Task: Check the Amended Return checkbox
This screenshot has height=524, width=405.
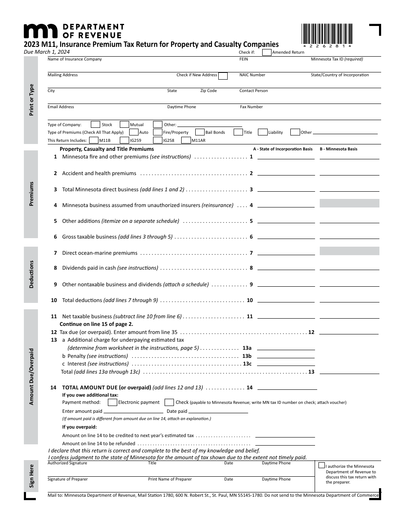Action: coord(266,52)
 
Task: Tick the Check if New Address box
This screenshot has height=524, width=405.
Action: coord(223,76)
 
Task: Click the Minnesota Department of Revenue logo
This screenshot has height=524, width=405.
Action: coord(40,31)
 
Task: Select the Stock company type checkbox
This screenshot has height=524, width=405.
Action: coord(95,125)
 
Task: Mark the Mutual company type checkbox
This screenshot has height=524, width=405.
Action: coord(124,125)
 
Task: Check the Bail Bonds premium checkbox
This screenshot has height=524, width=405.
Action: coord(200,132)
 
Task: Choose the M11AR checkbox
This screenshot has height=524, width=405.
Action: coord(186,140)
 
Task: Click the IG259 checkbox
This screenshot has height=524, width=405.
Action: coord(124,140)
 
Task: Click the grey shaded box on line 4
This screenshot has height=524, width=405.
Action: coord(349,204)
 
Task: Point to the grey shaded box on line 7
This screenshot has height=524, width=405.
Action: coord(349,251)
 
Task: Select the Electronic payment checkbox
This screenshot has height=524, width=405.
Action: coord(112,402)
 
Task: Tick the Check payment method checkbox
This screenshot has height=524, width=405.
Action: coord(169,402)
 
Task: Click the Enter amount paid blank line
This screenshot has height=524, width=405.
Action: coord(133,411)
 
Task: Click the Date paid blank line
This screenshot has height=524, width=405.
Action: coord(218,411)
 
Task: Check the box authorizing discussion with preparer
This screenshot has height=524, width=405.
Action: coord(322,466)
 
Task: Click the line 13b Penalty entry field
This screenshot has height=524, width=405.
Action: coord(286,356)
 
